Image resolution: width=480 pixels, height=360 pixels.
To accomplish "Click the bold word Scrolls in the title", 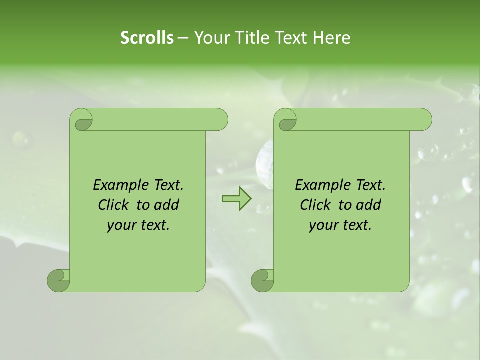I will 147,38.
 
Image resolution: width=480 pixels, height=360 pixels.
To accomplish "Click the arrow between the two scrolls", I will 236,198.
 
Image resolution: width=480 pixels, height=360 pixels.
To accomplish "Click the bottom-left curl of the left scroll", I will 58,280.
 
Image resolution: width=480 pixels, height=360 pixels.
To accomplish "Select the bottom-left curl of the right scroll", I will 262,280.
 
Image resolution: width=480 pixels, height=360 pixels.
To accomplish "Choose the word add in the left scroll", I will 166,205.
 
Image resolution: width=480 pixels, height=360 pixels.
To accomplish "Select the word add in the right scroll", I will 368,205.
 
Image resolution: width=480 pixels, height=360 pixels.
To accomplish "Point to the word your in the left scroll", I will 120,225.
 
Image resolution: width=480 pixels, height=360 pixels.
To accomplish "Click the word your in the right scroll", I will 322,225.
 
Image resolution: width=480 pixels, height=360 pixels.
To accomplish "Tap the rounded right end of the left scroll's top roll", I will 220,119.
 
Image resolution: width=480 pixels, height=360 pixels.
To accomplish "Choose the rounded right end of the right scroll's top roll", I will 424,119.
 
